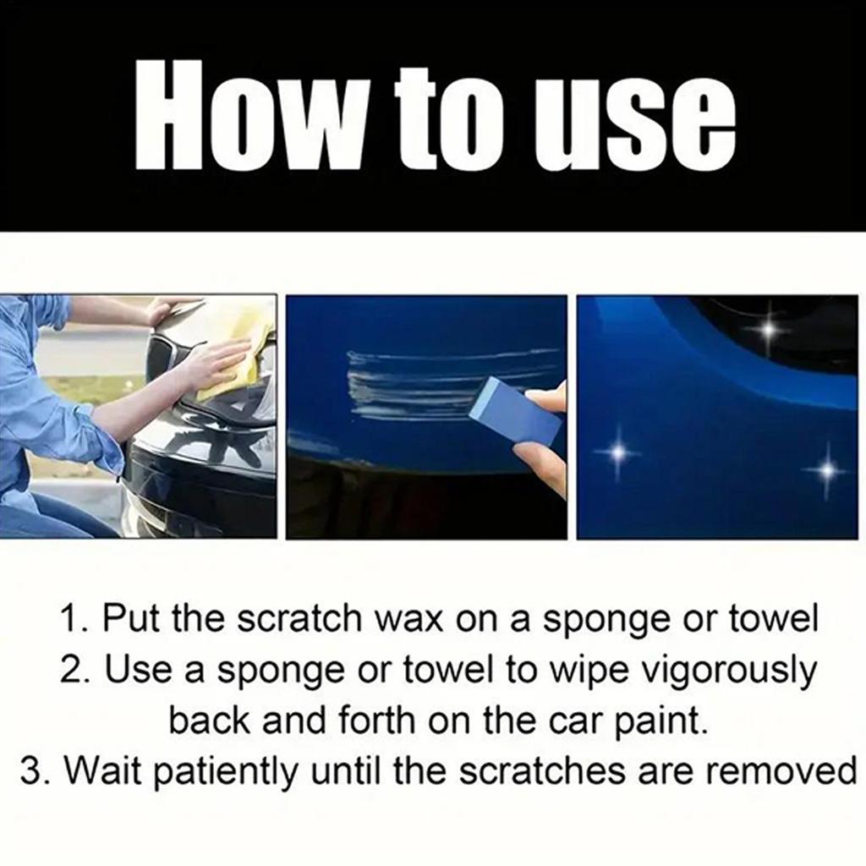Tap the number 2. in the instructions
(78, 670)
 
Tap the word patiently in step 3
(212, 771)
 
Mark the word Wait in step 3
(99, 771)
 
